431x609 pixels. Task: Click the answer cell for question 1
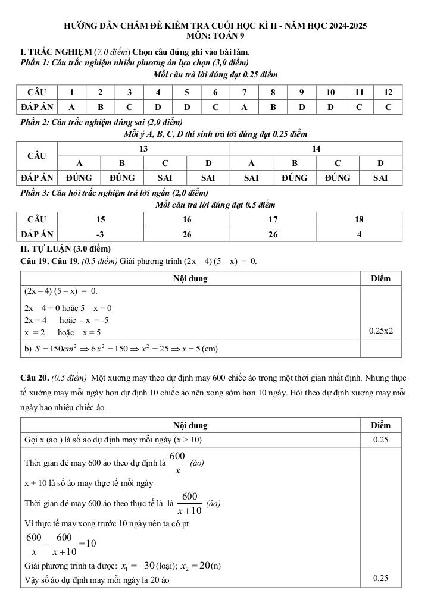click(71, 108)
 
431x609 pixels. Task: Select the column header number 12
click(388, 92)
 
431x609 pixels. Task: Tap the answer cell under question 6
click(215, 108)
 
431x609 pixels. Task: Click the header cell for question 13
click(143, 149)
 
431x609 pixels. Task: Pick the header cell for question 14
click(316, 149)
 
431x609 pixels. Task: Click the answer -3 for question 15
click(100, 234)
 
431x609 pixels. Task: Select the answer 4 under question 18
click(359, 234)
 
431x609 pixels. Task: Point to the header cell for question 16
click(187, 219)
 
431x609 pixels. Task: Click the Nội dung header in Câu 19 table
click(190, 278)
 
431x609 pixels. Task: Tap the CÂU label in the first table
click(37, 92)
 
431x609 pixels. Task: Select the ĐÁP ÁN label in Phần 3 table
click(37, 234)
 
